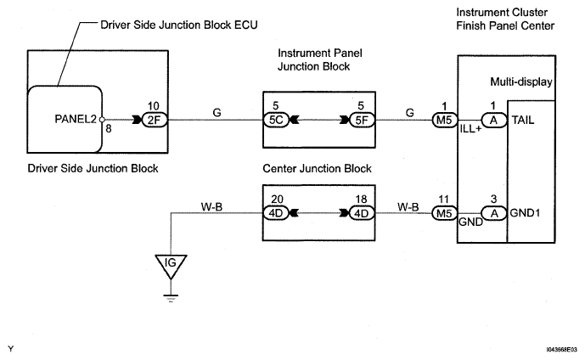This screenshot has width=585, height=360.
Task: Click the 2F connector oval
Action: pyautogui.click(x=155, y=120)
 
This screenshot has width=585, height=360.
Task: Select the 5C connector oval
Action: pyautogui.click(x=276, y=120)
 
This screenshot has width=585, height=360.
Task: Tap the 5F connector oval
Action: pyautogui.click(x=362, y=120)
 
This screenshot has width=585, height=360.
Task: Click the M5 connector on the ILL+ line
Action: pyautogui.click(x=445, y=120)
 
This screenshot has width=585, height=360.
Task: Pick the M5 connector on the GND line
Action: pyautogui.click(x=445, y=213)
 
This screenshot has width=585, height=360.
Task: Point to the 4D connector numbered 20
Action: pyautogui.click(x=276, y=213)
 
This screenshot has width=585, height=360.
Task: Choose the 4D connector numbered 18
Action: pyautogui.click(x=362, y=213)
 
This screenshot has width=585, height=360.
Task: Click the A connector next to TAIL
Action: pyautogui.click(x=494, y=120)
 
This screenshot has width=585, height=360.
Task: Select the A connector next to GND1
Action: pyautogui.click(x=494, y=213)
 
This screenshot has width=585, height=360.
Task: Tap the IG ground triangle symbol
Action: pyautogui.click(x=171, y=266)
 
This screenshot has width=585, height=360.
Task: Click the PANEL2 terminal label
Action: pyautogui.click(x=76, y=119)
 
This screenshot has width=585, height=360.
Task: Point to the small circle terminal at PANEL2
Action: pyautogui.click(x=102, y=120)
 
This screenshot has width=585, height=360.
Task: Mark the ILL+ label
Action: pyautogui.click(x=471, y=129)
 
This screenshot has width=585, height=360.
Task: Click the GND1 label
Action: pyautogui.click(x=525, y=213)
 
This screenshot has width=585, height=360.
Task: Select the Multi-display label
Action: pyautogui.click(x=521, y=82)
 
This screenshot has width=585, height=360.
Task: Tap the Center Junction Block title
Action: pyautogui.click(x=318, y=169)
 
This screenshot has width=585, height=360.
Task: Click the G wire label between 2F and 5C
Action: pyautogui.click(x=217, y=112)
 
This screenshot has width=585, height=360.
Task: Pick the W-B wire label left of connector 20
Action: pyautogui.click(x=211, y=206)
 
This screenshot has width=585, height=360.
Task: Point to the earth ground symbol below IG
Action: pyautogui.click(x=171, y=298)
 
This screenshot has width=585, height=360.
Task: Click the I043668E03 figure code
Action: pyautogui.click(x=562, y=350)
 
